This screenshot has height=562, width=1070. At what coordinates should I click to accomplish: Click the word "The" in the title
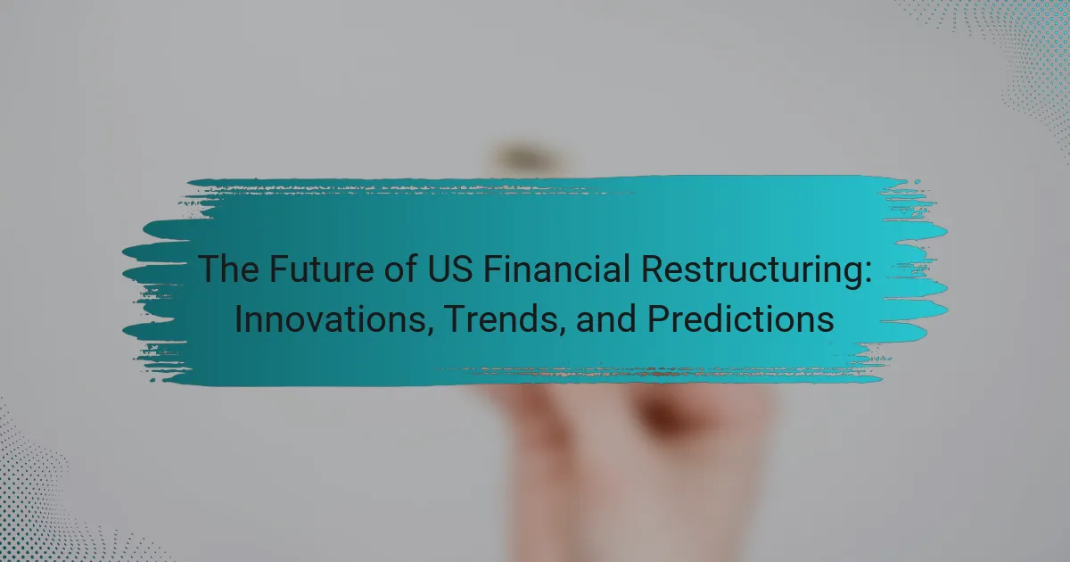pos(229,269)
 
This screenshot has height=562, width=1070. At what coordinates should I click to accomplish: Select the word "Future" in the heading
pos(322,269)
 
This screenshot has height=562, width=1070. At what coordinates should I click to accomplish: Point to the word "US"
pos(450,269)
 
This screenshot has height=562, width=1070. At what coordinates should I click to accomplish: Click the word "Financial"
pos(556,269)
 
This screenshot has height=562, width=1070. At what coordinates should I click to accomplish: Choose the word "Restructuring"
pos(748,271)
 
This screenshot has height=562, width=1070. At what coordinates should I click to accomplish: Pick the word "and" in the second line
pos(606,318)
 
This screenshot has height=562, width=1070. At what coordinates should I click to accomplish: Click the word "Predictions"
pos(740,318)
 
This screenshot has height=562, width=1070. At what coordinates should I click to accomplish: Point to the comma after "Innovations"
pos(429,330)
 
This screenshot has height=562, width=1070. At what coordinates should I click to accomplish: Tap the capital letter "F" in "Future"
pos(279,269)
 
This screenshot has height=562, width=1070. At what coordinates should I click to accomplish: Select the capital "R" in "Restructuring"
pos(652,269)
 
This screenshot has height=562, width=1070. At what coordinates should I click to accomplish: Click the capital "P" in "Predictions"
pos(658,318)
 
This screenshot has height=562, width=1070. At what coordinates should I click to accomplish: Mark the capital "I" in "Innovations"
pos(238,318)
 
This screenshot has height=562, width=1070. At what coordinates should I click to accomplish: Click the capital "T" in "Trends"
pos(456,318)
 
